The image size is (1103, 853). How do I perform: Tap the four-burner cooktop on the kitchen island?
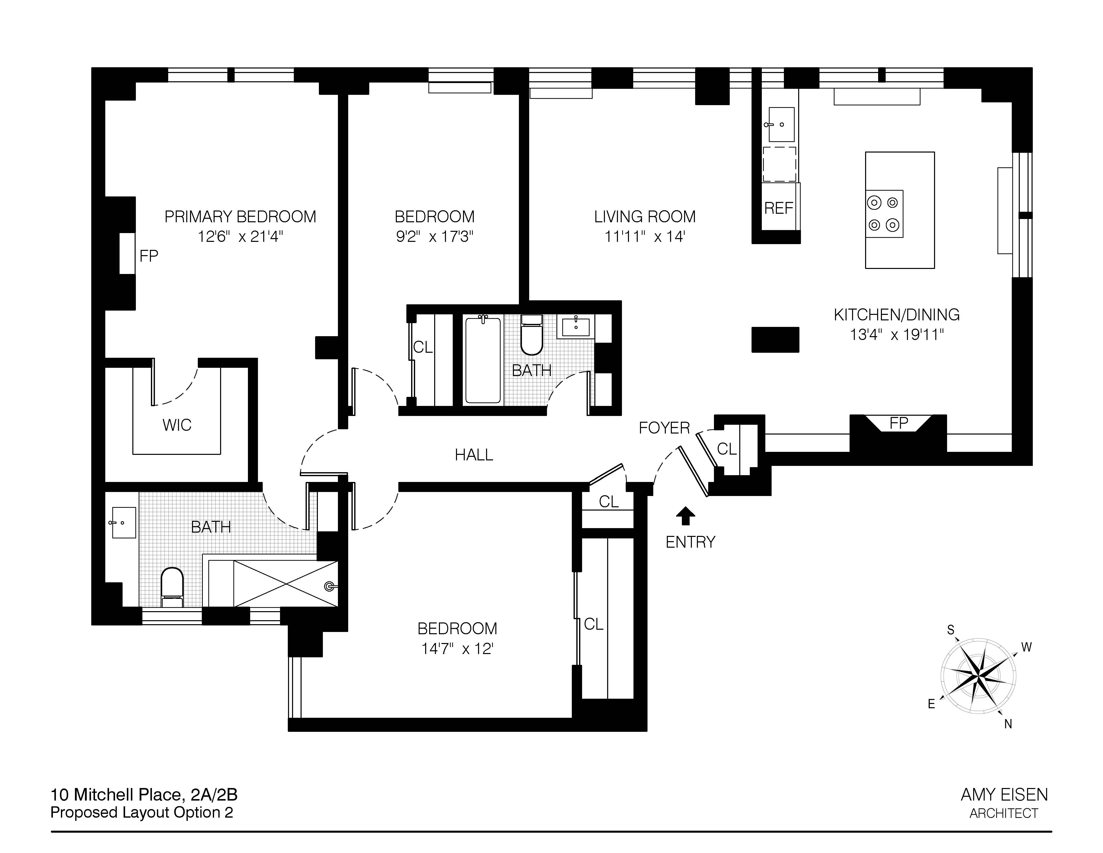[x=884, y=214]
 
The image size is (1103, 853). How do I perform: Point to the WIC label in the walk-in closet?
[x=177, y=425]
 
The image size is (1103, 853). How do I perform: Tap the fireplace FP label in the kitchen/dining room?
[x=898, y=422]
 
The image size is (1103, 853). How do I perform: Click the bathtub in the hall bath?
[x=483, y=359]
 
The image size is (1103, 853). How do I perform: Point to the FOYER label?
[x=664, y=428]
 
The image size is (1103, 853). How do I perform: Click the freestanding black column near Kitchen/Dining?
[x=775, y=340]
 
